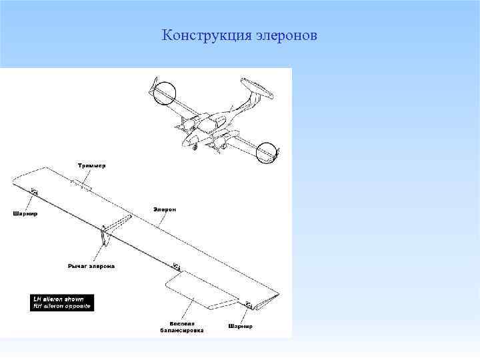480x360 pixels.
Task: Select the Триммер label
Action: (x=91, y=165)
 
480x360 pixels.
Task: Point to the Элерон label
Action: (x=165, y=209)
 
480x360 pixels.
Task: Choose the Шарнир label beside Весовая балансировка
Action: (x=241, y=327)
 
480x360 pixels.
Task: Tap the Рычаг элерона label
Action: (x=91, y=266)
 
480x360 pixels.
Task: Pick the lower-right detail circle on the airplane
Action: (x=267, y=153)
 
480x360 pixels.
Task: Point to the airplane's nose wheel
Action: (x=195, y=147)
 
